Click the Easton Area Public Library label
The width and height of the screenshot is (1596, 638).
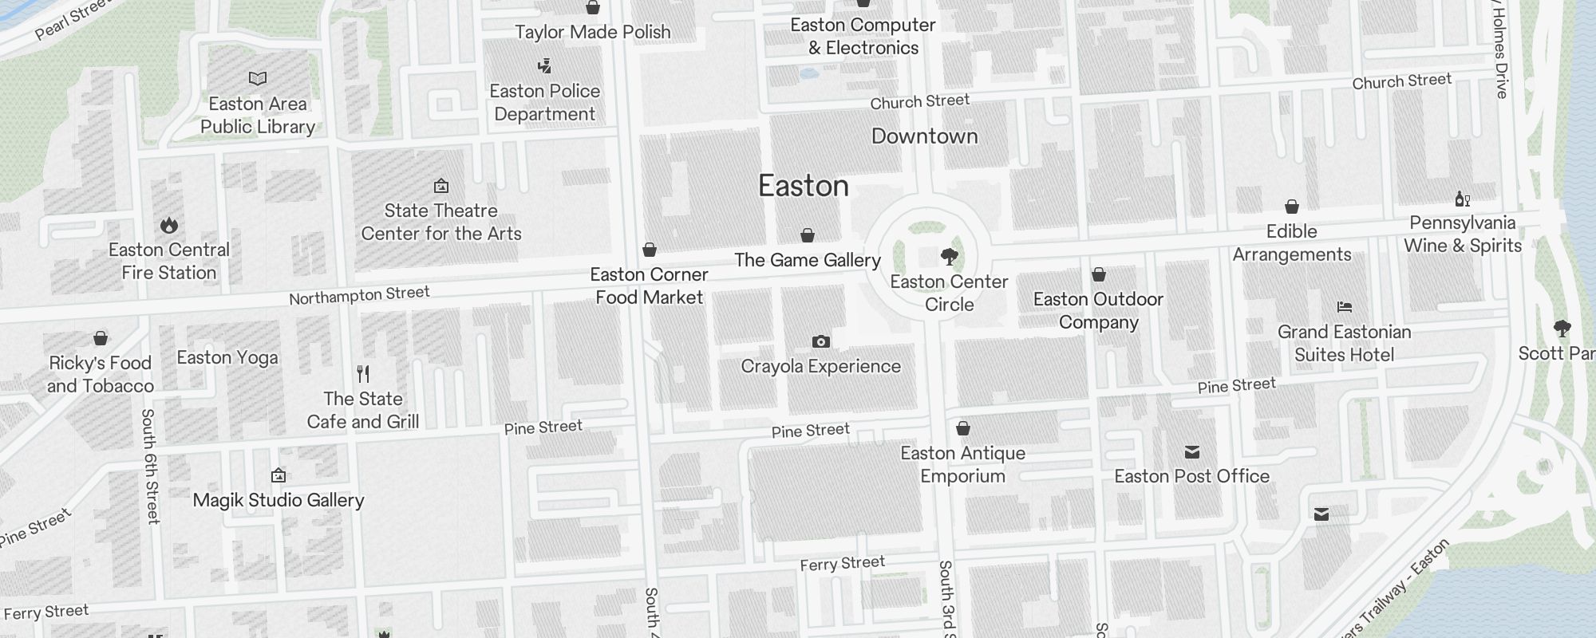pyautogui.click(x=257, y=116)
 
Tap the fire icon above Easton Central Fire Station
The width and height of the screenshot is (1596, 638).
pyautogui.click(x=169, y=226)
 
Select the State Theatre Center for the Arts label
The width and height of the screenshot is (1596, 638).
pyautogui.click(x=440, y=223)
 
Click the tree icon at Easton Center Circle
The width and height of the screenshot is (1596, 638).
pyautogui.click(x=949, y=257)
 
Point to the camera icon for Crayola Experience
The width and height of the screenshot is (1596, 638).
pyautogui.click(x=820, y=342)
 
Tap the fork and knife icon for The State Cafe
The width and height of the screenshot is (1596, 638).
pyautogui.click(x=363, y=373)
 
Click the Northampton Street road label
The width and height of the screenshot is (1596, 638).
pyautogui.click(x=359, y=296)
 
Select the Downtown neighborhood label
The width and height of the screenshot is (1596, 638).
pyautogui.click(x=924, y=136)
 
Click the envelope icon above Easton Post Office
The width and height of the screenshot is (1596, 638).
pyautogui.click(x=1191, y=452)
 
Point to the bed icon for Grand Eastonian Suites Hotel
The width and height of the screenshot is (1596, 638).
pyautogui.click(x=1344, y=307)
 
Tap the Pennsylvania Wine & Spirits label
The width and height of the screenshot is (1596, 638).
pyautogui.click(x=1462, y=234)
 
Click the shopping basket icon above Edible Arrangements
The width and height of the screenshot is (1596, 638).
pyautogui.click(x=1291, y=207)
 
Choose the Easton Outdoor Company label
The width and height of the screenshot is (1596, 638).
pyautogui.click(x=1098, y=311)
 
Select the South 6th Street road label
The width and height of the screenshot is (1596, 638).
pyautogui.click(x=150, y=466)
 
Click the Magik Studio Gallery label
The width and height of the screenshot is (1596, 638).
pyautogui.click(x=279, y=500)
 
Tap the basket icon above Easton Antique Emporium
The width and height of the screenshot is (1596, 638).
pyautogui.click(x=962, y=429)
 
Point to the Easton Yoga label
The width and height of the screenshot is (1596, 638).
pyautogui.click(x=227, y=357)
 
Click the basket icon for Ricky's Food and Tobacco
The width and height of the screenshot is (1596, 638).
pyautogui.click(x=101, y=338)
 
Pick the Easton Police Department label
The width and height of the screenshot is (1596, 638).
pyautogui.click(x=544, y=103)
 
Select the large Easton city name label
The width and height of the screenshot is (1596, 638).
pyautogui.click(x=803, y=186)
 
